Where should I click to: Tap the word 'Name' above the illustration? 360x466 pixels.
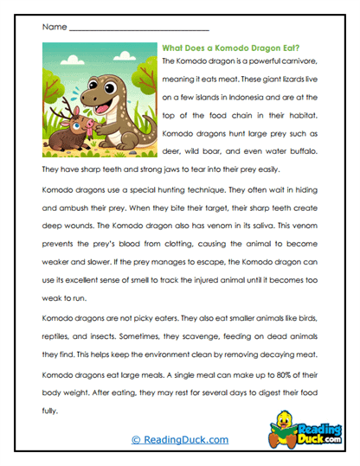click(53, 28)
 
